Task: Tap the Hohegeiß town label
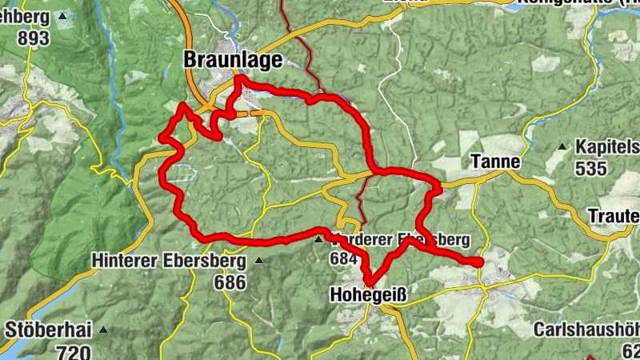(x=368, y=296)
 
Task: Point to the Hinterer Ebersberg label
(x=170, y=261)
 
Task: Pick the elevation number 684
(x=342, y=258)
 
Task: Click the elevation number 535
(x=593, y=169)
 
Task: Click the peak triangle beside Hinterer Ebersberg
(x=258, y=261)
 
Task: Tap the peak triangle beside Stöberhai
(x=103, y=330)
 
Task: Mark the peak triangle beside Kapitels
(x=562, y=147)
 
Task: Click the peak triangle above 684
(x=318, y=238)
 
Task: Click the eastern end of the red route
(x=478, y=262)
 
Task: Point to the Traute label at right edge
(x=614, y=216)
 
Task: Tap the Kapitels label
(x=607, y=147)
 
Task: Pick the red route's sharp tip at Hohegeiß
(x=370, y=282)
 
